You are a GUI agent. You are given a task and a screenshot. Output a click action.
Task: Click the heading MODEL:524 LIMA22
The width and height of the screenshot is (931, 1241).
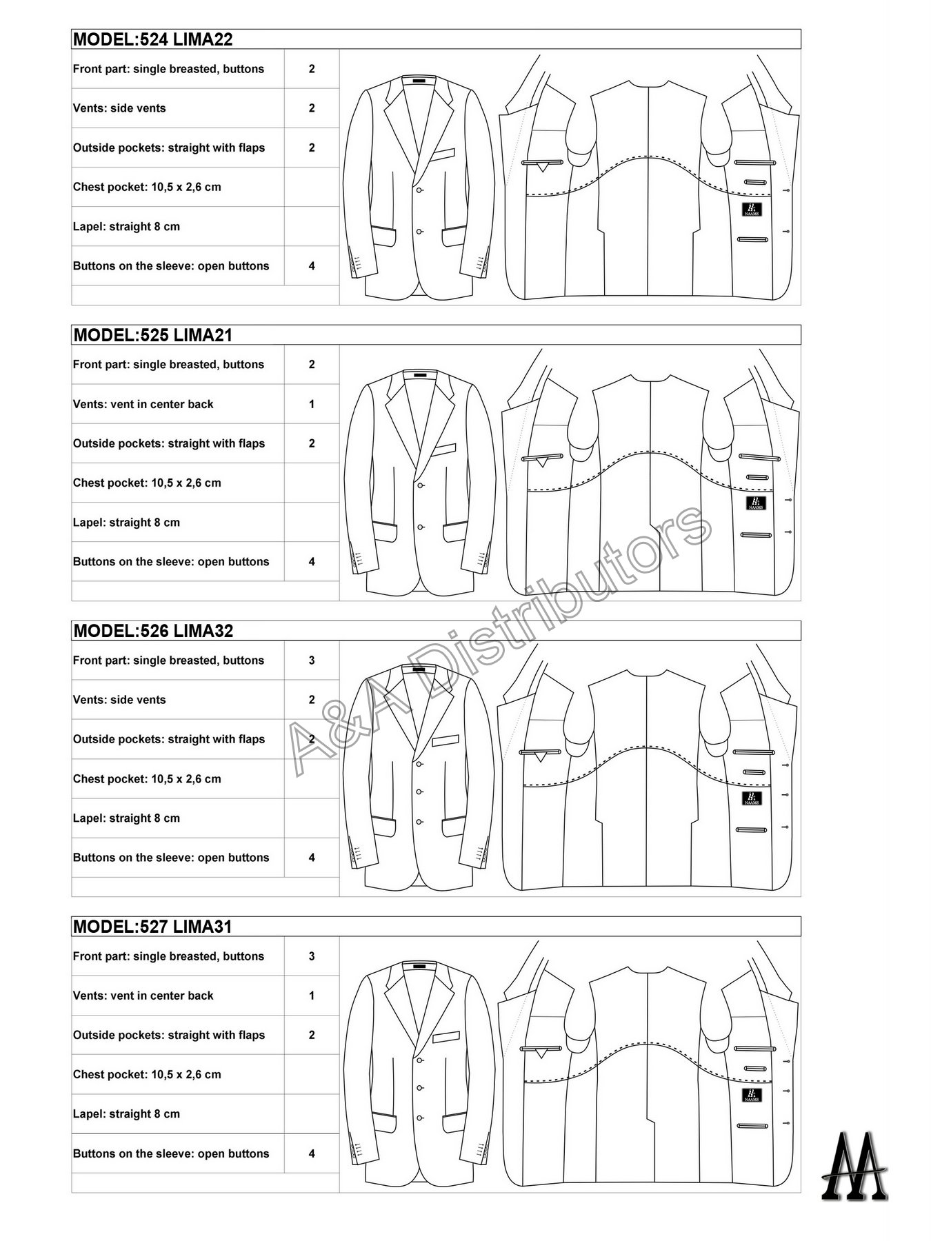click(152, 39)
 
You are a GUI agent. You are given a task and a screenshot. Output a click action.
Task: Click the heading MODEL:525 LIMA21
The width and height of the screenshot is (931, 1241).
click(152, 335)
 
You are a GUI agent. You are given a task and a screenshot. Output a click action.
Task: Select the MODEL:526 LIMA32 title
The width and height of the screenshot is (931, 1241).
click(153, 631)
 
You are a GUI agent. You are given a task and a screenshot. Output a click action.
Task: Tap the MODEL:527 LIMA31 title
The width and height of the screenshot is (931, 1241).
click(152, 927)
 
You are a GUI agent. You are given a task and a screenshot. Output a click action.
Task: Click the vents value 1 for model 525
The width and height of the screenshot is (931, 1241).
click(312, 404)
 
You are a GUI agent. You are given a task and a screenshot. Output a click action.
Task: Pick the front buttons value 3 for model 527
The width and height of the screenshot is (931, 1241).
click(312, 956)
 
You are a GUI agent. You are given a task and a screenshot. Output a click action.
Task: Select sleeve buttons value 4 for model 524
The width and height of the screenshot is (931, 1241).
click(312, 266)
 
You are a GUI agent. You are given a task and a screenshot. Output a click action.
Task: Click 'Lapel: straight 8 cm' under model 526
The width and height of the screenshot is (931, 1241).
click(126, 818)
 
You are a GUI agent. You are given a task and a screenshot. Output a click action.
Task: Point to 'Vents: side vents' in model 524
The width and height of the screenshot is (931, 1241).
click(119, 108)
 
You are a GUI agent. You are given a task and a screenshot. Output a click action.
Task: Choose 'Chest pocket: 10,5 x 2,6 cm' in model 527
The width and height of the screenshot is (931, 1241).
click(147, 1074)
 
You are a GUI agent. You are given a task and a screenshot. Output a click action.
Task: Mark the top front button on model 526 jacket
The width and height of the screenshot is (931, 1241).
click(419, 763)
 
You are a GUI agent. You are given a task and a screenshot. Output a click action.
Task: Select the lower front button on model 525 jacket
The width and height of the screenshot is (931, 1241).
click(420, 527)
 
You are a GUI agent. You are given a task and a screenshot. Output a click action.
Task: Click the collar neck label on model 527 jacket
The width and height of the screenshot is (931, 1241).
click(419, 967)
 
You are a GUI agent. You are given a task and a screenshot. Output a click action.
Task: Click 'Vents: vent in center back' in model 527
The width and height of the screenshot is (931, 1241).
click(143, 996)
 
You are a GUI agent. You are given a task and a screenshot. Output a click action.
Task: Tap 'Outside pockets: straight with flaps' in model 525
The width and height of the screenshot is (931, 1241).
click(169, 443)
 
